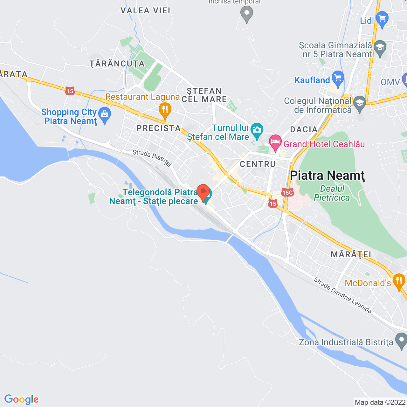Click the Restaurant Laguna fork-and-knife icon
click(x=165, y=110)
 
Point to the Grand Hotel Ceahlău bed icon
click(x=275, y=142)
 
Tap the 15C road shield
click(x=287, y=192)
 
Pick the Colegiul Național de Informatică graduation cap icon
click(x=360, y=103)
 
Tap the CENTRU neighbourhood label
click(x=258, y=164)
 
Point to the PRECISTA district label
click(x=159, y=128)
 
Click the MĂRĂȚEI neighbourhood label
click(x=351, y=254)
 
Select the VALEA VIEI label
click(x=145, y=10)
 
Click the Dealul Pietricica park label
click(x=332, y=193)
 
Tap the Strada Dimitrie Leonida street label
click(x=343, y=295)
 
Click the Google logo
click(x=21, y=399)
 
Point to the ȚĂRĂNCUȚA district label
click(x=117, y=64)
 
